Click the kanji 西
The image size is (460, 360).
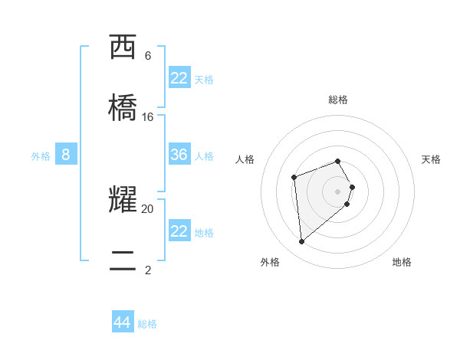click(124, 47)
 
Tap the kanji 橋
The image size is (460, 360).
click(124, 107)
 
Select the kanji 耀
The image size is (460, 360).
click(124, 199)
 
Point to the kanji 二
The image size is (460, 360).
click(124, 260)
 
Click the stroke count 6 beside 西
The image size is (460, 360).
click(148, 56)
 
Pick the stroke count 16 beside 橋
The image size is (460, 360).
click(148, 117)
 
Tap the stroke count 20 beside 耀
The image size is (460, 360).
click(148, 208)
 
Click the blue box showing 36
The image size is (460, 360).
click(179, 155)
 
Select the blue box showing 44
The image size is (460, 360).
click(123, 322)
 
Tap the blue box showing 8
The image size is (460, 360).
click(66, 155)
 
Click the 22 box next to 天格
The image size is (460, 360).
click(179, 78)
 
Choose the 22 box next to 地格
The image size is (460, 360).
click(179, 231)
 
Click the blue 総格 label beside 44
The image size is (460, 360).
click(147, 324)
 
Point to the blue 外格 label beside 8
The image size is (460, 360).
click(41, 156)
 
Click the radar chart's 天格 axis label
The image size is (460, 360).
click(431, 159)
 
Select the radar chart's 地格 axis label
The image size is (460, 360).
click(402, 262)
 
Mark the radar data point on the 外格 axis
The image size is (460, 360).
click(302, 242)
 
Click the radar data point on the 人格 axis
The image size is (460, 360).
click(294, 178)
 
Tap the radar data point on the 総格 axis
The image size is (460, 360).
click(337, 161)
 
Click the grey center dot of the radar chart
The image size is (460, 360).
click(337, 191)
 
